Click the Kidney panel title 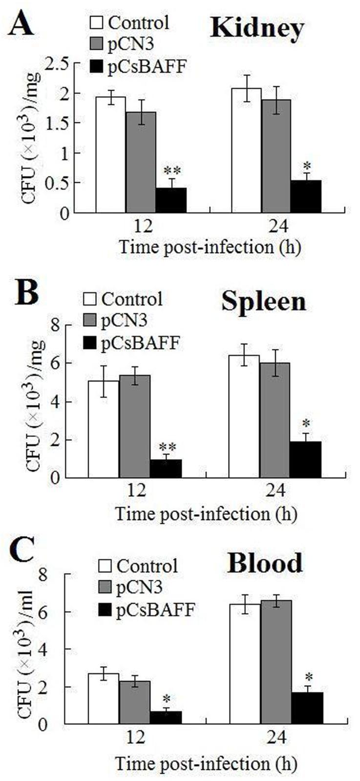coord(257,29)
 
